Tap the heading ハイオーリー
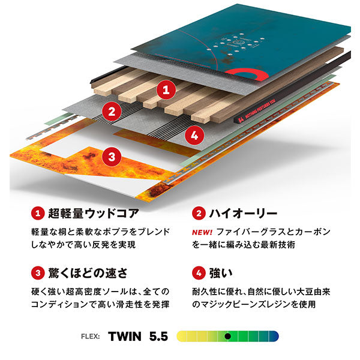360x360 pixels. click(242, 213)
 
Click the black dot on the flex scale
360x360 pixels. click(227, 336)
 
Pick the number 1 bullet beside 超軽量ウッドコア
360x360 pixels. click(38, 213)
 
